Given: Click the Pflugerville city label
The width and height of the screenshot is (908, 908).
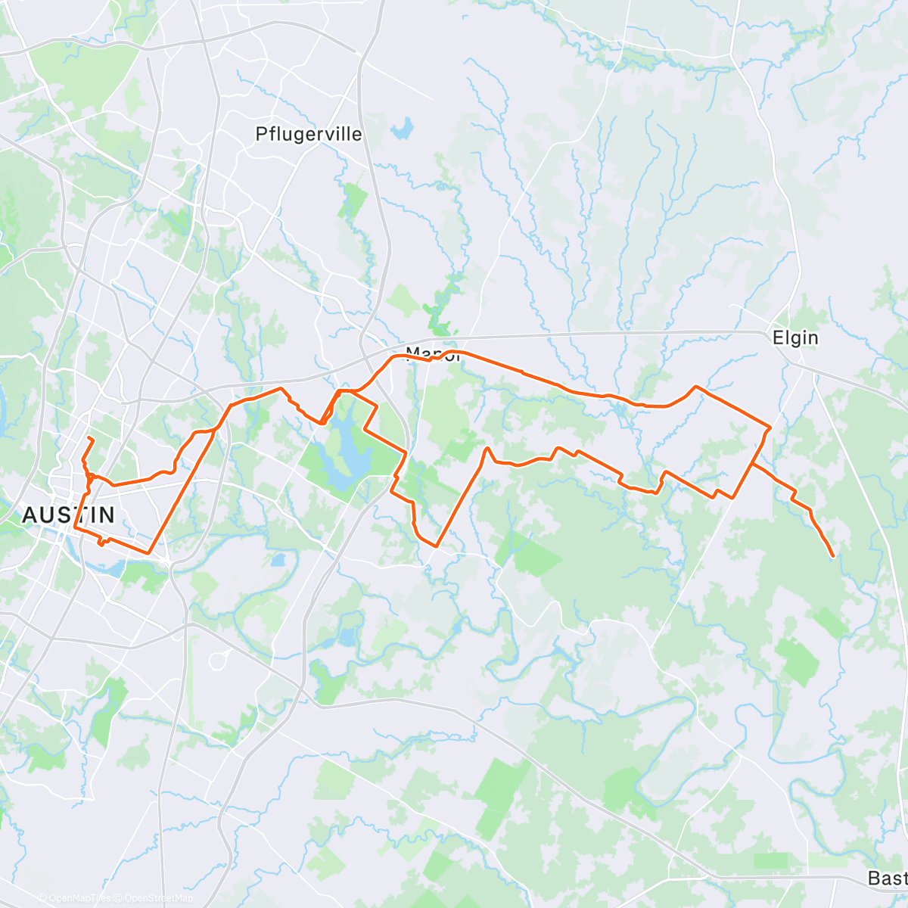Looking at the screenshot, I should (309, 134).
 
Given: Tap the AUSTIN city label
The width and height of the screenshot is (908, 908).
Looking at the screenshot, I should (69, 515).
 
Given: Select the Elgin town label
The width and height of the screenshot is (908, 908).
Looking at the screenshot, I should (795, 337).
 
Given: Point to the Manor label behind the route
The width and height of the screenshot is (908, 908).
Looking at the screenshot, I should (433, 353).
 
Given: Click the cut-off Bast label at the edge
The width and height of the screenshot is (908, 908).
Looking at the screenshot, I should (887, 878).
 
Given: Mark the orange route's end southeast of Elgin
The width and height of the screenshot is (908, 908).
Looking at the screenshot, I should (833, 556).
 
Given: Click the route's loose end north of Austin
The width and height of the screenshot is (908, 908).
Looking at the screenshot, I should (89, 438).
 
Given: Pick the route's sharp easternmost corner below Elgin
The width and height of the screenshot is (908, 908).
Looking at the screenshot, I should (770, 428).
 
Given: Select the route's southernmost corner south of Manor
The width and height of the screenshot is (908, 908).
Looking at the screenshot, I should (437, 545).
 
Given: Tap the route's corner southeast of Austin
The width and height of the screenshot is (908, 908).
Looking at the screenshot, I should (150, 552).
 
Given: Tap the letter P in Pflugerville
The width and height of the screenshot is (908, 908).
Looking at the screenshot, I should (262, 134).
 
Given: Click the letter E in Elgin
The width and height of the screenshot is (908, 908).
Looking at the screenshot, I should (778, 337).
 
